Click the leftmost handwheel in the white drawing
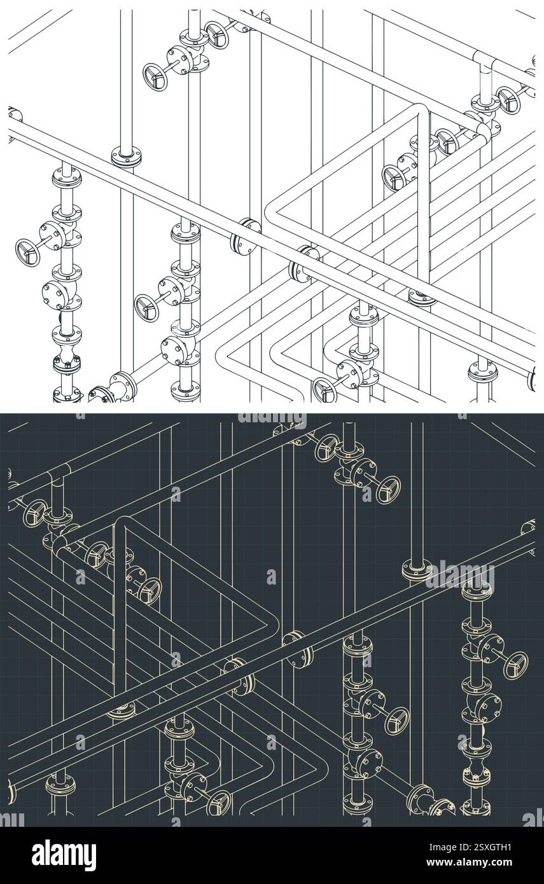tap(28, 252)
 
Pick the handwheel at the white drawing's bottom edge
tap(324, 389)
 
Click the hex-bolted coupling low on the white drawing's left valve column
tap(67, 365)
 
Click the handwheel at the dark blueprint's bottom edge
tap(218, 803)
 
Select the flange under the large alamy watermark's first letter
tap(417, 568)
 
